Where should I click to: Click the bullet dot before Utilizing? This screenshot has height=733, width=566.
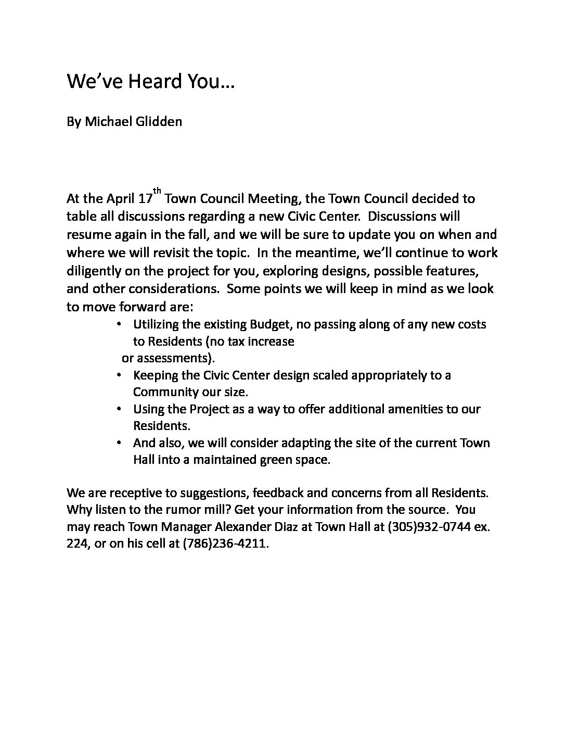pyautogui.click(x=120, y=324)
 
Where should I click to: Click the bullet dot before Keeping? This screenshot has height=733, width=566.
pyautogui.click(x=120, y=375)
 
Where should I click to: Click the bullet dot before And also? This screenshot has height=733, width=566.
pyautogui.click(x=120, y=443)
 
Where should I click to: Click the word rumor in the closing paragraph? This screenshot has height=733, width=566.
pyautogui.click(x=180, y=509)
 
